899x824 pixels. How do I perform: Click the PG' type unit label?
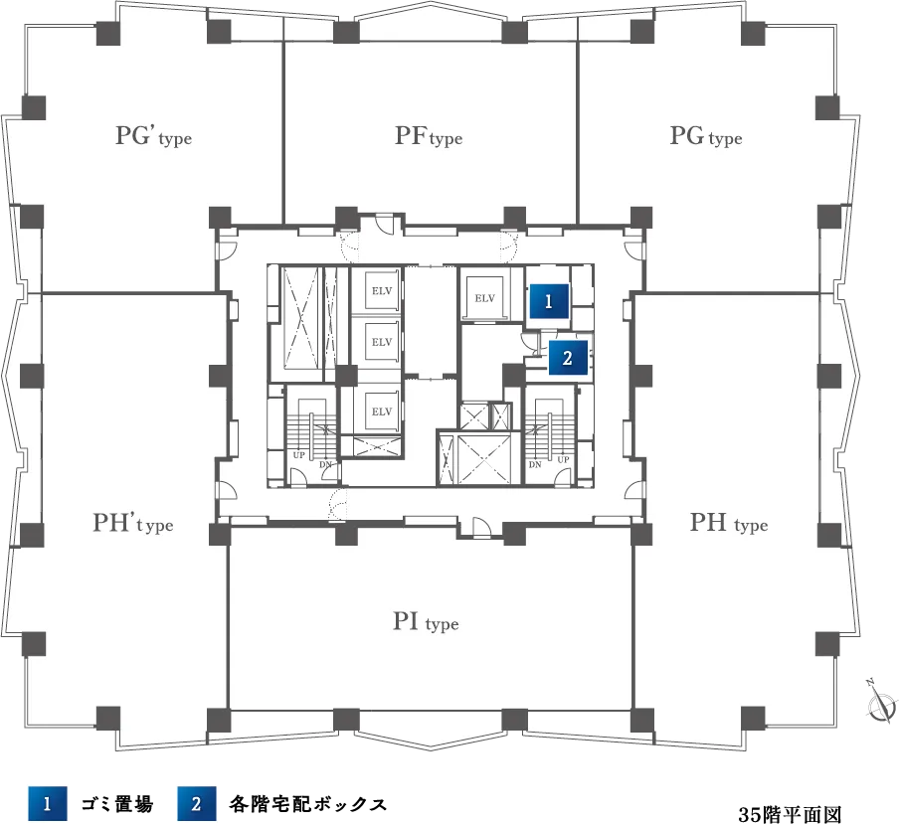[x=154, y=136]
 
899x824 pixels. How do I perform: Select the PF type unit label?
[x=429, y=136]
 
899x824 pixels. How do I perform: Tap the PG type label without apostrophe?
[x=706, y=136]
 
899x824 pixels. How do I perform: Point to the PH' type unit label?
[x=133, y=523]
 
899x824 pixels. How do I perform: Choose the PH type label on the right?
[x=729, y=523]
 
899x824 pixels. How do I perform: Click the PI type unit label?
[x=426, y=621]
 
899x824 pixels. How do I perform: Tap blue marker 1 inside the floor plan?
[x=549, y=301]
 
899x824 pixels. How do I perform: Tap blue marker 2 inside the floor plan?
[x=568, y=358]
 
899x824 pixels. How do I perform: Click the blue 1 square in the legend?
[x=47, y=804]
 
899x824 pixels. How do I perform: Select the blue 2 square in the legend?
[x=197, y=804]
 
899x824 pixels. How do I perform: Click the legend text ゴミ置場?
[x=117, y=804]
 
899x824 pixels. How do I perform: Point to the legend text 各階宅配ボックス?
[x=308, y=804]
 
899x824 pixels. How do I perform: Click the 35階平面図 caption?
[x=790, y=814]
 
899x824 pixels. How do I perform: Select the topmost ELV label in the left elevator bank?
[x=382, y=291]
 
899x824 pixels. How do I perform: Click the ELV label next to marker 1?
[x=484, y=298]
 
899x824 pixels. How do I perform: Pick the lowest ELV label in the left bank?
[x=382, y=412]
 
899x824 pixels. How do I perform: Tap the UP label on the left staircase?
[x=298, y=455]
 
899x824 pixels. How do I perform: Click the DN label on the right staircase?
[x=535, y=465]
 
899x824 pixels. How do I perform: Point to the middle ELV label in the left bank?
[x=382, y=342]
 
